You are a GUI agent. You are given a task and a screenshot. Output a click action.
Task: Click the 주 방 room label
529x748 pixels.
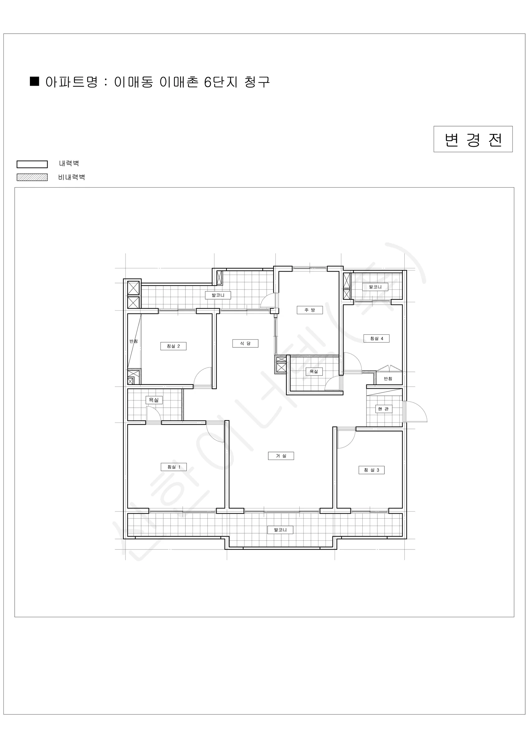pos(309,310)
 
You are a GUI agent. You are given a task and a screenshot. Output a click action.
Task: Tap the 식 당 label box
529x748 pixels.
pos(245,343)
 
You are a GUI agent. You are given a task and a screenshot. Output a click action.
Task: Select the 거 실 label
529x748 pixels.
pos(281,456)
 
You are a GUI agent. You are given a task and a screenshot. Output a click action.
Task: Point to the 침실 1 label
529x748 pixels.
pos(174,467)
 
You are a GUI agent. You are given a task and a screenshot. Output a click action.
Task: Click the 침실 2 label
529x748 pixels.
pos(173,346)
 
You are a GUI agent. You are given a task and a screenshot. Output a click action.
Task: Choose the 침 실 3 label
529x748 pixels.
pos(371,470)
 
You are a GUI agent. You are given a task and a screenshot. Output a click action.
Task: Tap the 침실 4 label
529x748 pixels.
pos(377,338)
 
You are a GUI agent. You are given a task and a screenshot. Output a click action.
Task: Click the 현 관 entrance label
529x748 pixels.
pos(384,409)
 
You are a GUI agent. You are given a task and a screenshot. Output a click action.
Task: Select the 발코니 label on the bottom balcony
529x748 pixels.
pos(280,530)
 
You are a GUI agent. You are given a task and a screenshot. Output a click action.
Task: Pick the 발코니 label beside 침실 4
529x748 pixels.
pos(375,287)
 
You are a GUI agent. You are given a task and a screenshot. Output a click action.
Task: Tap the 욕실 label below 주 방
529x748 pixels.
pos(314,372)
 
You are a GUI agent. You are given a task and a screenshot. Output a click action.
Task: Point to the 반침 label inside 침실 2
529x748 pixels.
pos(134,341)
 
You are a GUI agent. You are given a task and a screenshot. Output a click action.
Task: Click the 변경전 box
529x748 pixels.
pos(473,139)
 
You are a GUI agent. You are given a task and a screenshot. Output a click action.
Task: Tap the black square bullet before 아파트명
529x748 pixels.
pos(35,81)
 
